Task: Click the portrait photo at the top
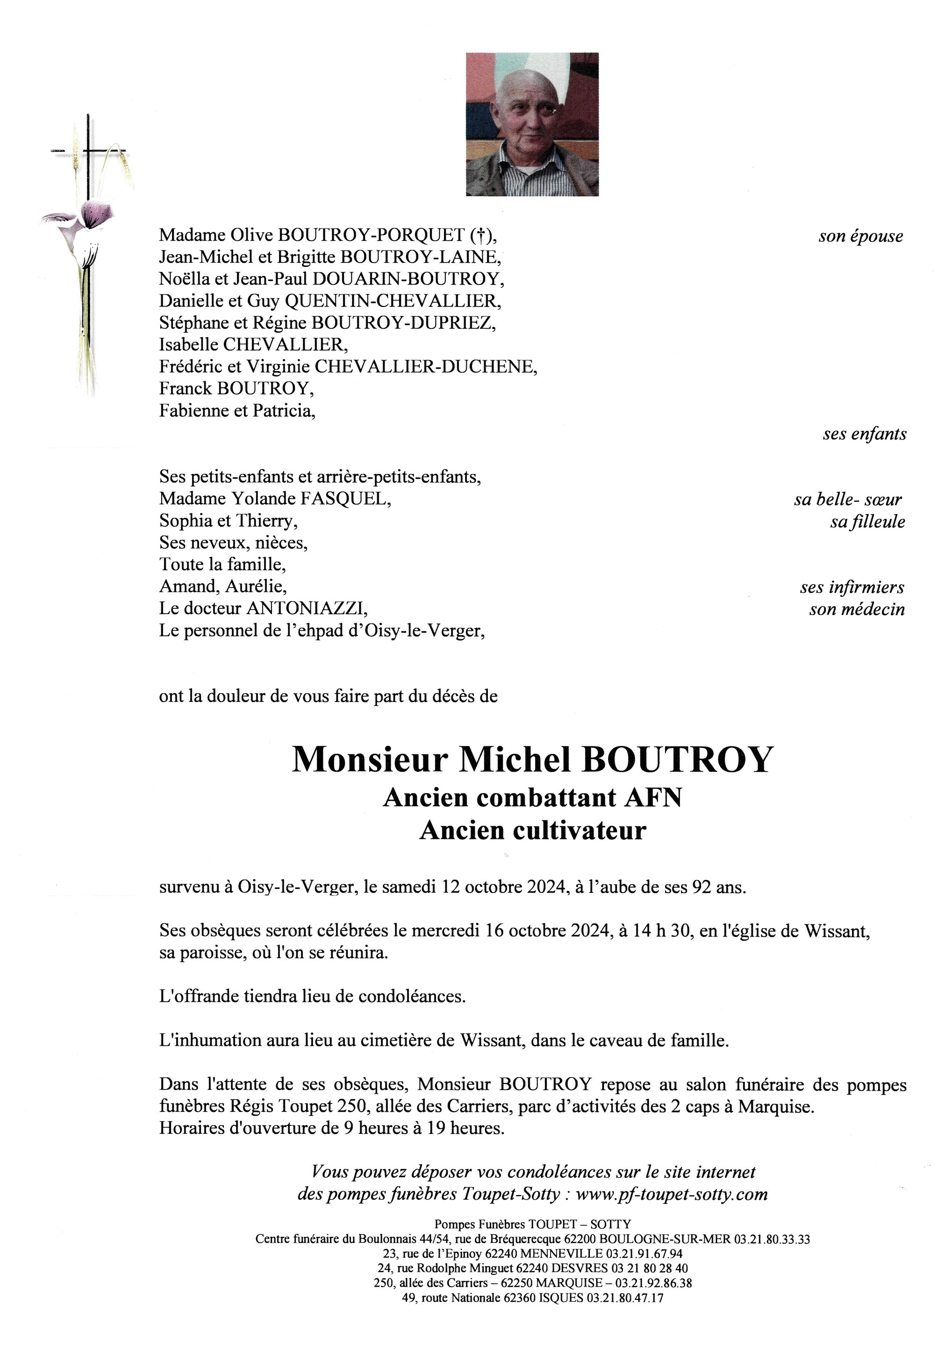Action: pos(532,124)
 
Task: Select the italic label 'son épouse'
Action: pos(860,237)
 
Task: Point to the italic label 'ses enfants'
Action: pos(864,434)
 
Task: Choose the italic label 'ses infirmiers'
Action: pos(852,587)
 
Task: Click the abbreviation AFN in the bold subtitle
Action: pos(654,798)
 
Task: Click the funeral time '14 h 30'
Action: pos(662,931)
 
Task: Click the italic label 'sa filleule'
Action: pos(867,522)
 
